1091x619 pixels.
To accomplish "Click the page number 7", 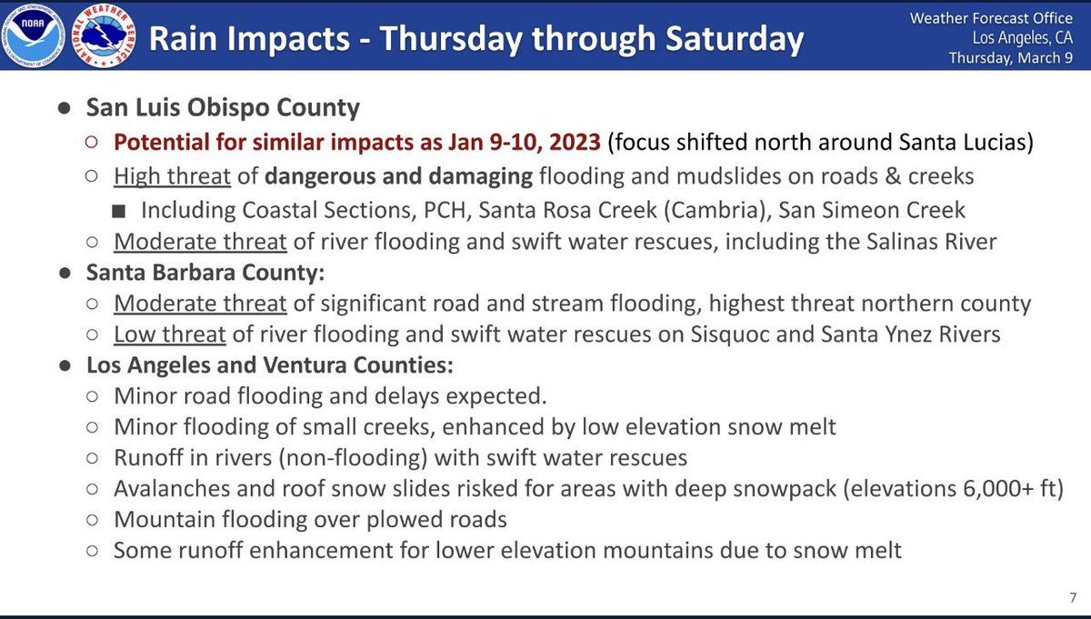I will point(1073,596).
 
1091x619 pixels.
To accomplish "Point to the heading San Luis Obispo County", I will point(223,107).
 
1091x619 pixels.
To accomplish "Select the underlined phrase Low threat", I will point(169,334).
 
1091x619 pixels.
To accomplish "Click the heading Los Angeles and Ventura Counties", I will point(269,366).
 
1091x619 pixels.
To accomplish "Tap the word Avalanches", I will point(171,488).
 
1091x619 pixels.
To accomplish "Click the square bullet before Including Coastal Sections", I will point(120,211).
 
